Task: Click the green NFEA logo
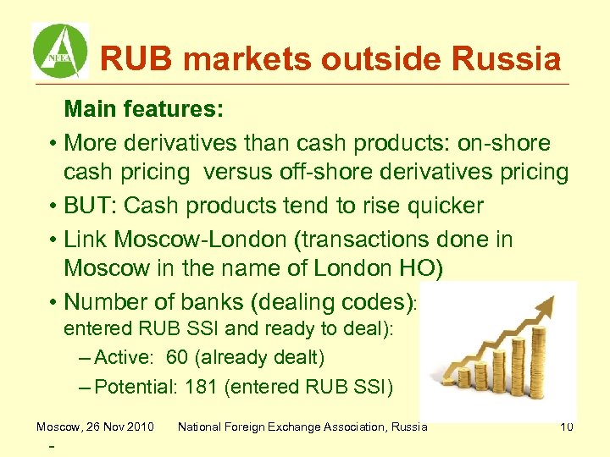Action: tap(59, 50)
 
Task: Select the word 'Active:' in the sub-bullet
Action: tap(125, 358)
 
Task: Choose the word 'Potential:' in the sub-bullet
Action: tap(134, 388)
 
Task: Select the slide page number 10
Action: tap(566, 427)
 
